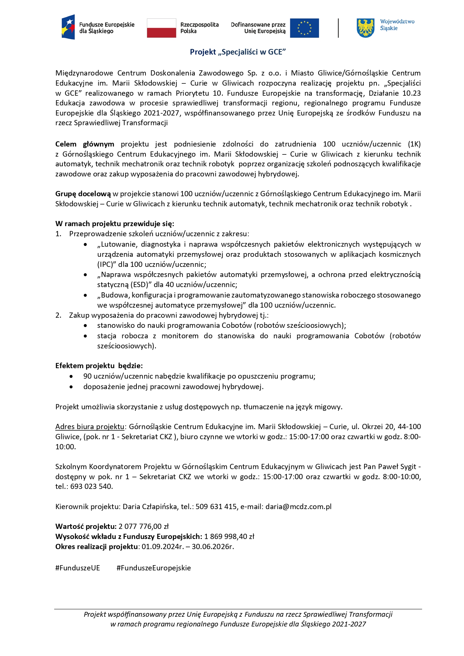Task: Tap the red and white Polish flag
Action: pos(161,28)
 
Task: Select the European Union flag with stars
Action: pos(304,28)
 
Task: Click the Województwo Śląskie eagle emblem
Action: pos(365,28)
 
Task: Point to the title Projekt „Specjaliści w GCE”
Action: pos(238,52)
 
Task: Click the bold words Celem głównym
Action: pos(85,144)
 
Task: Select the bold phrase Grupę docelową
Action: pos(83,194)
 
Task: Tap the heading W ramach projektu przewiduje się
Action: pos(114,224)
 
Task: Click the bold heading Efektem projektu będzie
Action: pos(99,366)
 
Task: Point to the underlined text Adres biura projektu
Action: pos(90,426)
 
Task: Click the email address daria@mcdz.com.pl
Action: pos(298,506)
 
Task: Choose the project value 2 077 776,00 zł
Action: pos(144,526)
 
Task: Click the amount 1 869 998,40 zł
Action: pos(229,536)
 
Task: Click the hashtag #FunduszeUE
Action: pos(78,568)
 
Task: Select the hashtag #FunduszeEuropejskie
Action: pos(154,568)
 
